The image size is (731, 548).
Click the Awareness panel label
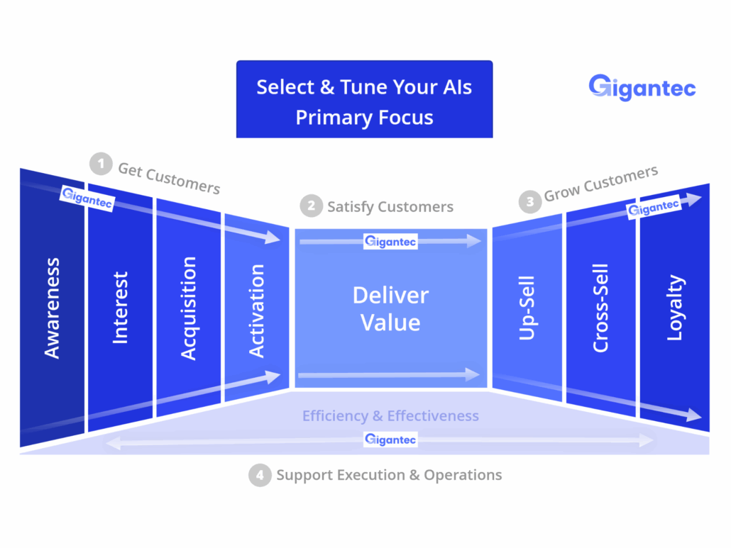[x=52, y=308]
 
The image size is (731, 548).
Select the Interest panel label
[x=120, y=308]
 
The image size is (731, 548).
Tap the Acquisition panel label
[x=188, y=308]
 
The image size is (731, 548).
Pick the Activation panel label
[x=256, y=311]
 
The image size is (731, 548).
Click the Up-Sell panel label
[x=527, y=308]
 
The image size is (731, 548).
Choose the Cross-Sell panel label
[x=600, y=308]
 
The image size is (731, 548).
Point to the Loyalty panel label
[x=675, y=308]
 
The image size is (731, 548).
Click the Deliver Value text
[x=390, y=308]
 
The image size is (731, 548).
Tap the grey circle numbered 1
[x=101, y=164]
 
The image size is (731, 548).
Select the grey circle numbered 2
[x=312, y=206]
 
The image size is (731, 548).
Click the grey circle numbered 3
[x=530, y=202]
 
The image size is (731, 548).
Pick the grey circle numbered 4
[x=260, y=476]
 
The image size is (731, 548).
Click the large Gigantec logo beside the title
[x=642, y=87]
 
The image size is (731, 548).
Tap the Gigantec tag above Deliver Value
[x=390, y=242]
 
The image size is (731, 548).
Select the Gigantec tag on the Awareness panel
[x=87, y=198]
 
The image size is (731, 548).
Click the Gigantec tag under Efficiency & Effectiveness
[x=390, y=440]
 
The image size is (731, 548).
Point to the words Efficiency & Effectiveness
[x=390, y=415]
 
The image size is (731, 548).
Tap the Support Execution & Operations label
[x=390, y=475]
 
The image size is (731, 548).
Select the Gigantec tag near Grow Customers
[x=654, y=207]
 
